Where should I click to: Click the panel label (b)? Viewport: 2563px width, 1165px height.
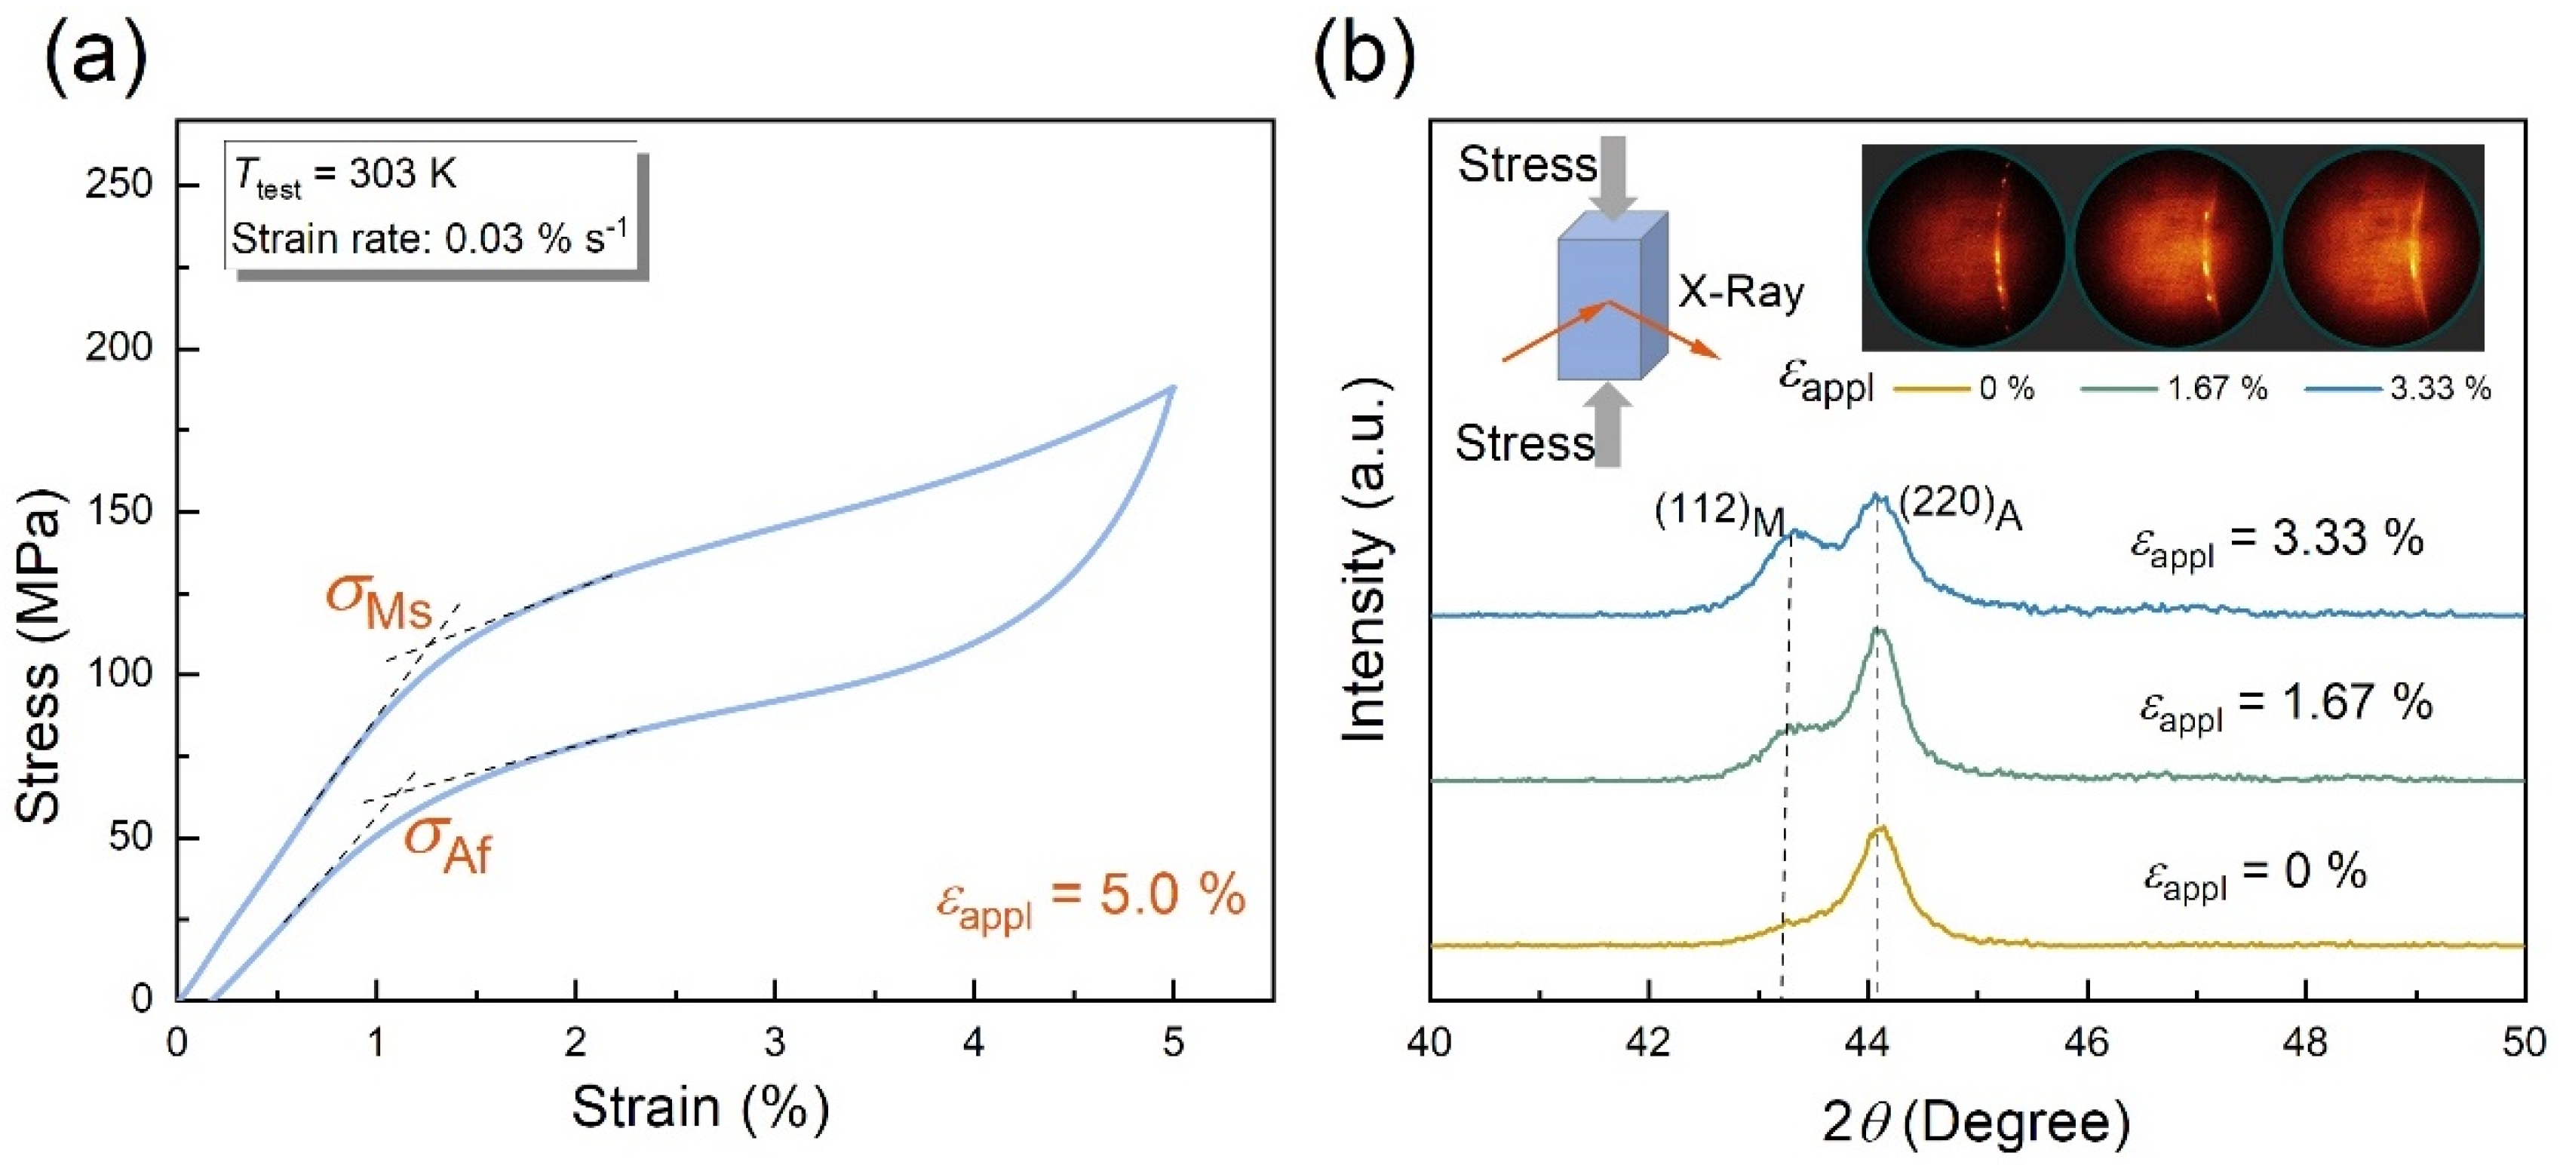pos(1364,60)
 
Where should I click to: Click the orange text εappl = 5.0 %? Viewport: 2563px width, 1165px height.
pos(1089,898)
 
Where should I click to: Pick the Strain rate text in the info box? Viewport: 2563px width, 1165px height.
pos(429,239)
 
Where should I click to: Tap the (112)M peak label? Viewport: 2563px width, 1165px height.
pos(1719,514)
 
